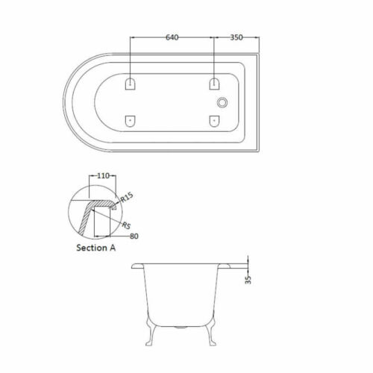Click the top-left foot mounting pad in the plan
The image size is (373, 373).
point(131,84)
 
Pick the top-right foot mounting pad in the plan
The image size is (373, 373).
point(213,84)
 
